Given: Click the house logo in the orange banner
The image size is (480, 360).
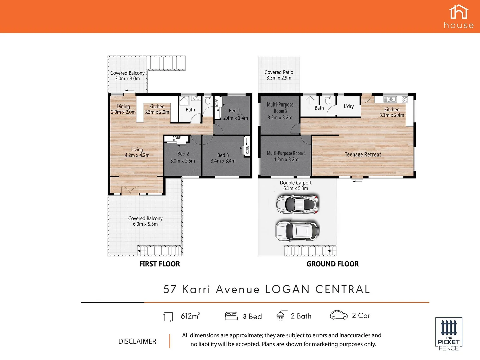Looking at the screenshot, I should (x=459, y=16).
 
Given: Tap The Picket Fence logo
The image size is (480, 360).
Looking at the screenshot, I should (x=449, y=334).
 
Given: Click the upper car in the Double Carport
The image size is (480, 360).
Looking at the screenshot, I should (x=297, y=203).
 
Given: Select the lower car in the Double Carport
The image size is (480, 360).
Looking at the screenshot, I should (x=297, y=230).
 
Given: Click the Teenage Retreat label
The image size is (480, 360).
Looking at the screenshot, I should (x=363, y=155).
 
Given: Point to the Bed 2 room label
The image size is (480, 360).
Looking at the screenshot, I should (x=183, y=154).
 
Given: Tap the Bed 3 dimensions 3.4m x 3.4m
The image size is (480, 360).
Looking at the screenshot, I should (x=223, y=161).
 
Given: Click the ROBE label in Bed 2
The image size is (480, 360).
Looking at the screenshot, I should (x=177, y=138).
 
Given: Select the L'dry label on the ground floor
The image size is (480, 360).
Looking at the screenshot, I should (x=349, y=106).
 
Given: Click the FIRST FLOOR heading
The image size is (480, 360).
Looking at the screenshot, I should (x=160, y=264).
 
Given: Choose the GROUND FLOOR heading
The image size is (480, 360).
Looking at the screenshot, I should (x=333, y=264).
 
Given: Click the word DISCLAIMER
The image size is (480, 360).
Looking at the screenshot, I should (x=137, y=341).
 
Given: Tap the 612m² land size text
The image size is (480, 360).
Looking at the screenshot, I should (x=190, y=316).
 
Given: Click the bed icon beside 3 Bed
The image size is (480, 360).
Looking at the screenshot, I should (x=231, y=316).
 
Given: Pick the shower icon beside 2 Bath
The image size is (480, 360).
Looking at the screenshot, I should (x=281, y=316).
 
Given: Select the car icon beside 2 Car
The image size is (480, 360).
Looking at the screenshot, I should (x=339, y=315).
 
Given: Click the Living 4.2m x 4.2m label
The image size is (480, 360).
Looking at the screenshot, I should (x=137, y=152).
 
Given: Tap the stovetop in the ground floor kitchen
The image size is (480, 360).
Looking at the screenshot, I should (x=405, y=99).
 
